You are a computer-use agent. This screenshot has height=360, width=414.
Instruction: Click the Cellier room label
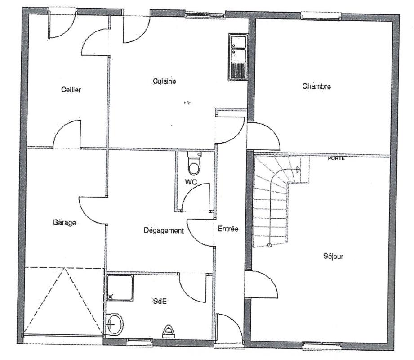pyautogui.click(x=71, y=90)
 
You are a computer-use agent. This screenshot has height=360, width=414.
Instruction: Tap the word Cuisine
pyautogui.click(x=164, y=81)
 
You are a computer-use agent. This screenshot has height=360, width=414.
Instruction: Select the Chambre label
pyautogui.click(x=316, y=86)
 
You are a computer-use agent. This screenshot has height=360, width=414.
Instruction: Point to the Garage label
pyautogui.click(x=64, y=223)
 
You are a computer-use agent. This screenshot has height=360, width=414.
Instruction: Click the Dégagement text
pyautogui.click(x=164, y=230)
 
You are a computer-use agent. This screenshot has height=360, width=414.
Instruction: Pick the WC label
pyautogui.click(x=191, y=182)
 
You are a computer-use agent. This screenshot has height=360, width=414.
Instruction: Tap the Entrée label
pyautogui.click(x=228, y=229)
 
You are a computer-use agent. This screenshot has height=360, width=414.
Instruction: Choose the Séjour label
pyautogui.click(x=333, y=256)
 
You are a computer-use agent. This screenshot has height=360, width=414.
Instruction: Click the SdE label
pyautogui.click(x=160, y=301)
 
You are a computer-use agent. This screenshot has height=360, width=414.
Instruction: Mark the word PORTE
pyautogui.click(x=336, y=158)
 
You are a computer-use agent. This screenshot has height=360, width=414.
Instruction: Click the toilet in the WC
pyautogui.click(x=194, y=163)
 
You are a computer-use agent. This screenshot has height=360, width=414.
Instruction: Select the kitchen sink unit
pyautogui.click(x=238, y=57)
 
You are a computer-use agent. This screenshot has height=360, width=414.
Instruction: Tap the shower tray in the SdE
pyautogui.click(x=120, y=288)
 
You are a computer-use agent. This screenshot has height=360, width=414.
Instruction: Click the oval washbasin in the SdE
pyautogui.click(x=115, y=324)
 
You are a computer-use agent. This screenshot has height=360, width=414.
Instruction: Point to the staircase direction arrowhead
pyautogui.click(x=298, y=170)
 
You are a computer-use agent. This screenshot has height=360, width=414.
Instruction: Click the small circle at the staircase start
pyautogui.click(x=270, y=245)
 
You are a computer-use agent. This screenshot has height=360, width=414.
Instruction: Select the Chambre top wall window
pyautogui.click(x=321, y=15)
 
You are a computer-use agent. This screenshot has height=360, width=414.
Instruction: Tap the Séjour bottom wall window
pyautogui.click(x=321, y=345)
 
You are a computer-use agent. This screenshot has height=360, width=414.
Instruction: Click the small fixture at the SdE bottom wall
pyautogui.click(x=169, y=332)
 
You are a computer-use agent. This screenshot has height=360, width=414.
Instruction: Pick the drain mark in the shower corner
pyautogui.click(x=111, y=297)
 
